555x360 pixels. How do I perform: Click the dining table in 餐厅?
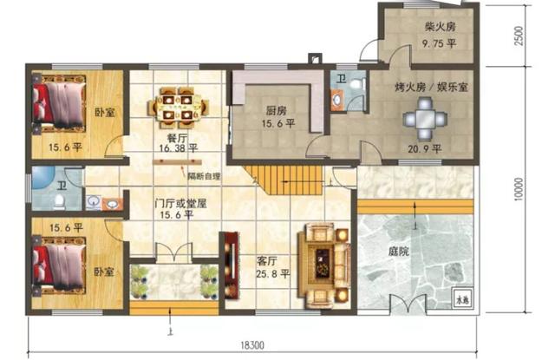coord(178,105)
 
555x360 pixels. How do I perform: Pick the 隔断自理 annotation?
coord(204,175)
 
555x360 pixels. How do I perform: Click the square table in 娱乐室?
coord(425,120)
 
